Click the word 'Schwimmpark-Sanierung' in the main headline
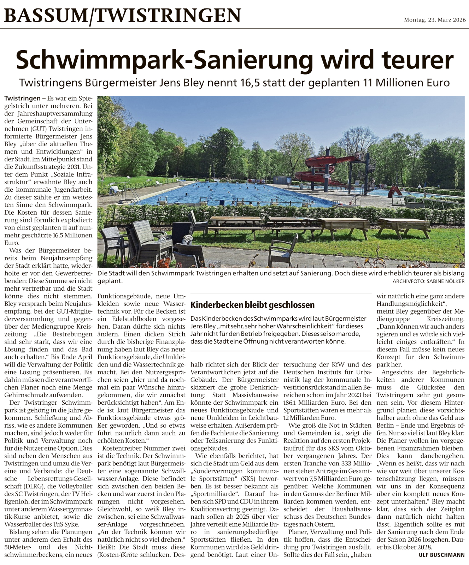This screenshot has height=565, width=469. pyautogui.click(x=164, y=60)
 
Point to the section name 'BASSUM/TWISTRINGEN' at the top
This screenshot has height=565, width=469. pyautogui.click(x=123, y=16)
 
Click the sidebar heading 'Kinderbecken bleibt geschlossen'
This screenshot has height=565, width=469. pyautogui.click(x=252, y=305)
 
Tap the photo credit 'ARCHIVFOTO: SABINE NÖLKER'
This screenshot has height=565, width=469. pyautogui.click(x=428, y=281)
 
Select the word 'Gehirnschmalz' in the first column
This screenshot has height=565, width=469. pyautogui.click(x=27, y=395)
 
